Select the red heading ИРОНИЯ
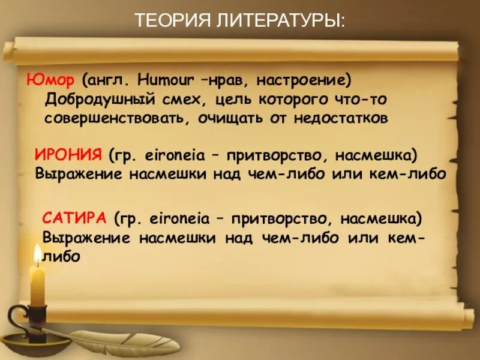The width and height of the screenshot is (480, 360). pyautogui.click(x=68, y=155)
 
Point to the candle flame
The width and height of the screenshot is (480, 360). pyautogui.click(x=38, y=254)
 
